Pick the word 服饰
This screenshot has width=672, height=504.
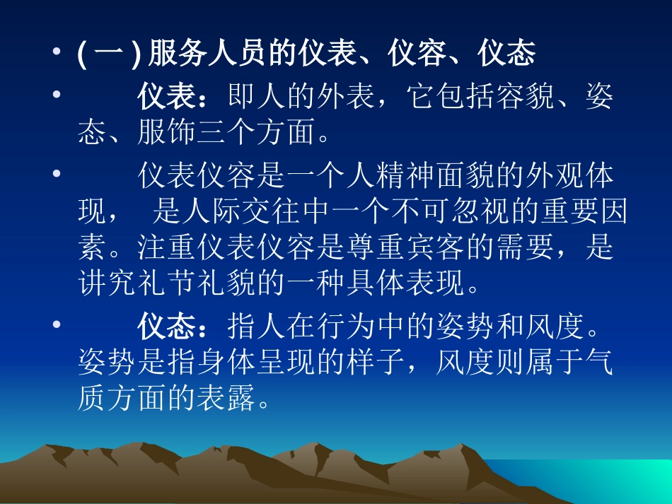(167, 134)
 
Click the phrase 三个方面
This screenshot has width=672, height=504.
(256, 134)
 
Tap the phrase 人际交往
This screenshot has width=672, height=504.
(242, 211)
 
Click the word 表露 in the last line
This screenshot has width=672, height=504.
(226, 399)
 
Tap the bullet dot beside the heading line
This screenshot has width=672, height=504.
(56, 55)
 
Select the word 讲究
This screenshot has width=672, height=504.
(108, 284)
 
